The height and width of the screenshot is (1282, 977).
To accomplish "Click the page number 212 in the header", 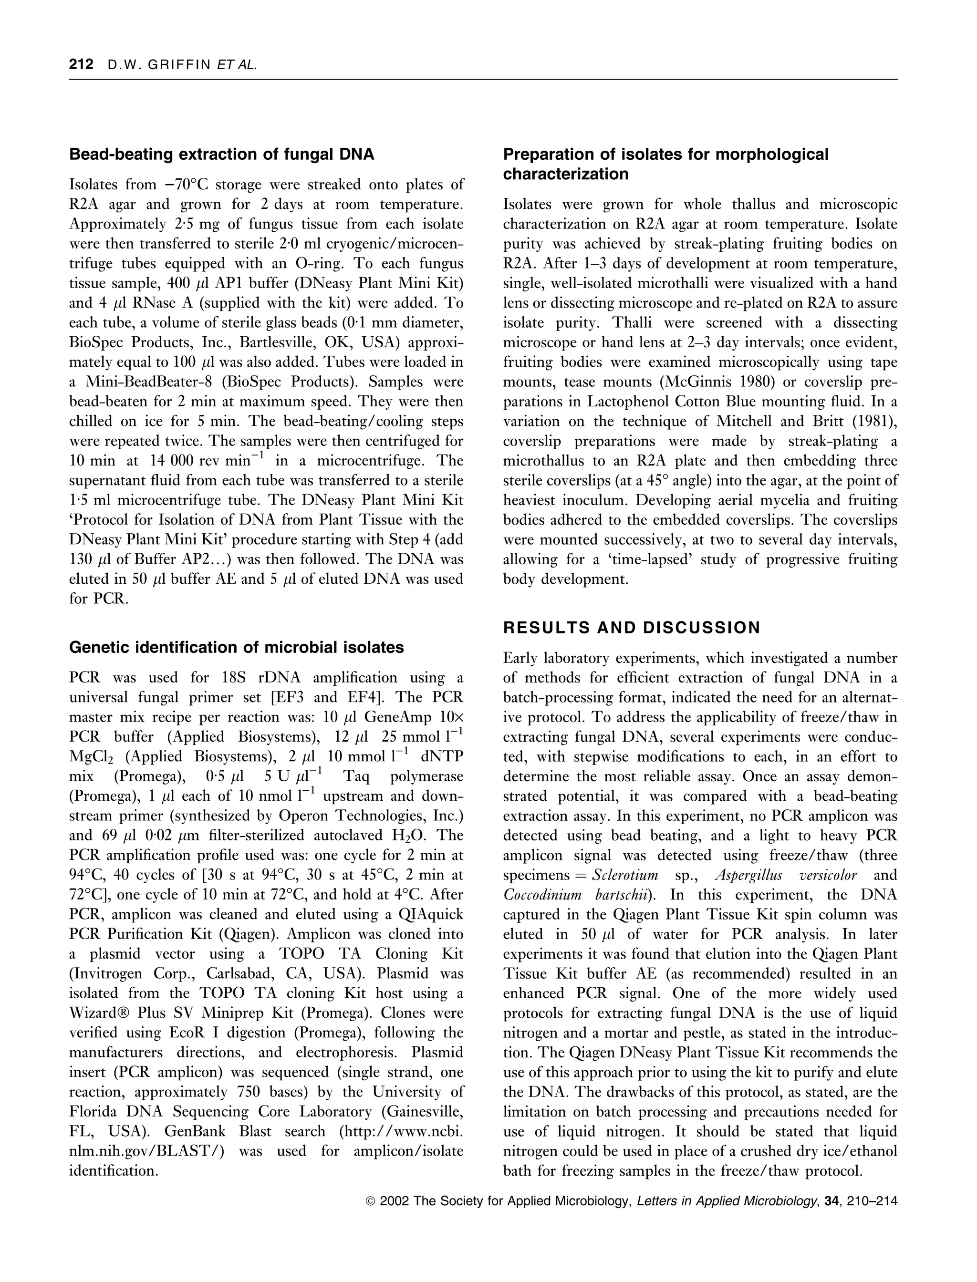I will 81,64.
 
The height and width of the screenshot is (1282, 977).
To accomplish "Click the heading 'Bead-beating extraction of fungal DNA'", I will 221,155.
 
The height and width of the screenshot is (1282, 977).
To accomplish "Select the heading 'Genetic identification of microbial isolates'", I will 236,648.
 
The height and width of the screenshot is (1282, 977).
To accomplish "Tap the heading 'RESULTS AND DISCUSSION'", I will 632,628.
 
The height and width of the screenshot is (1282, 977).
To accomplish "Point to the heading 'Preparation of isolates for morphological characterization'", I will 665,164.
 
